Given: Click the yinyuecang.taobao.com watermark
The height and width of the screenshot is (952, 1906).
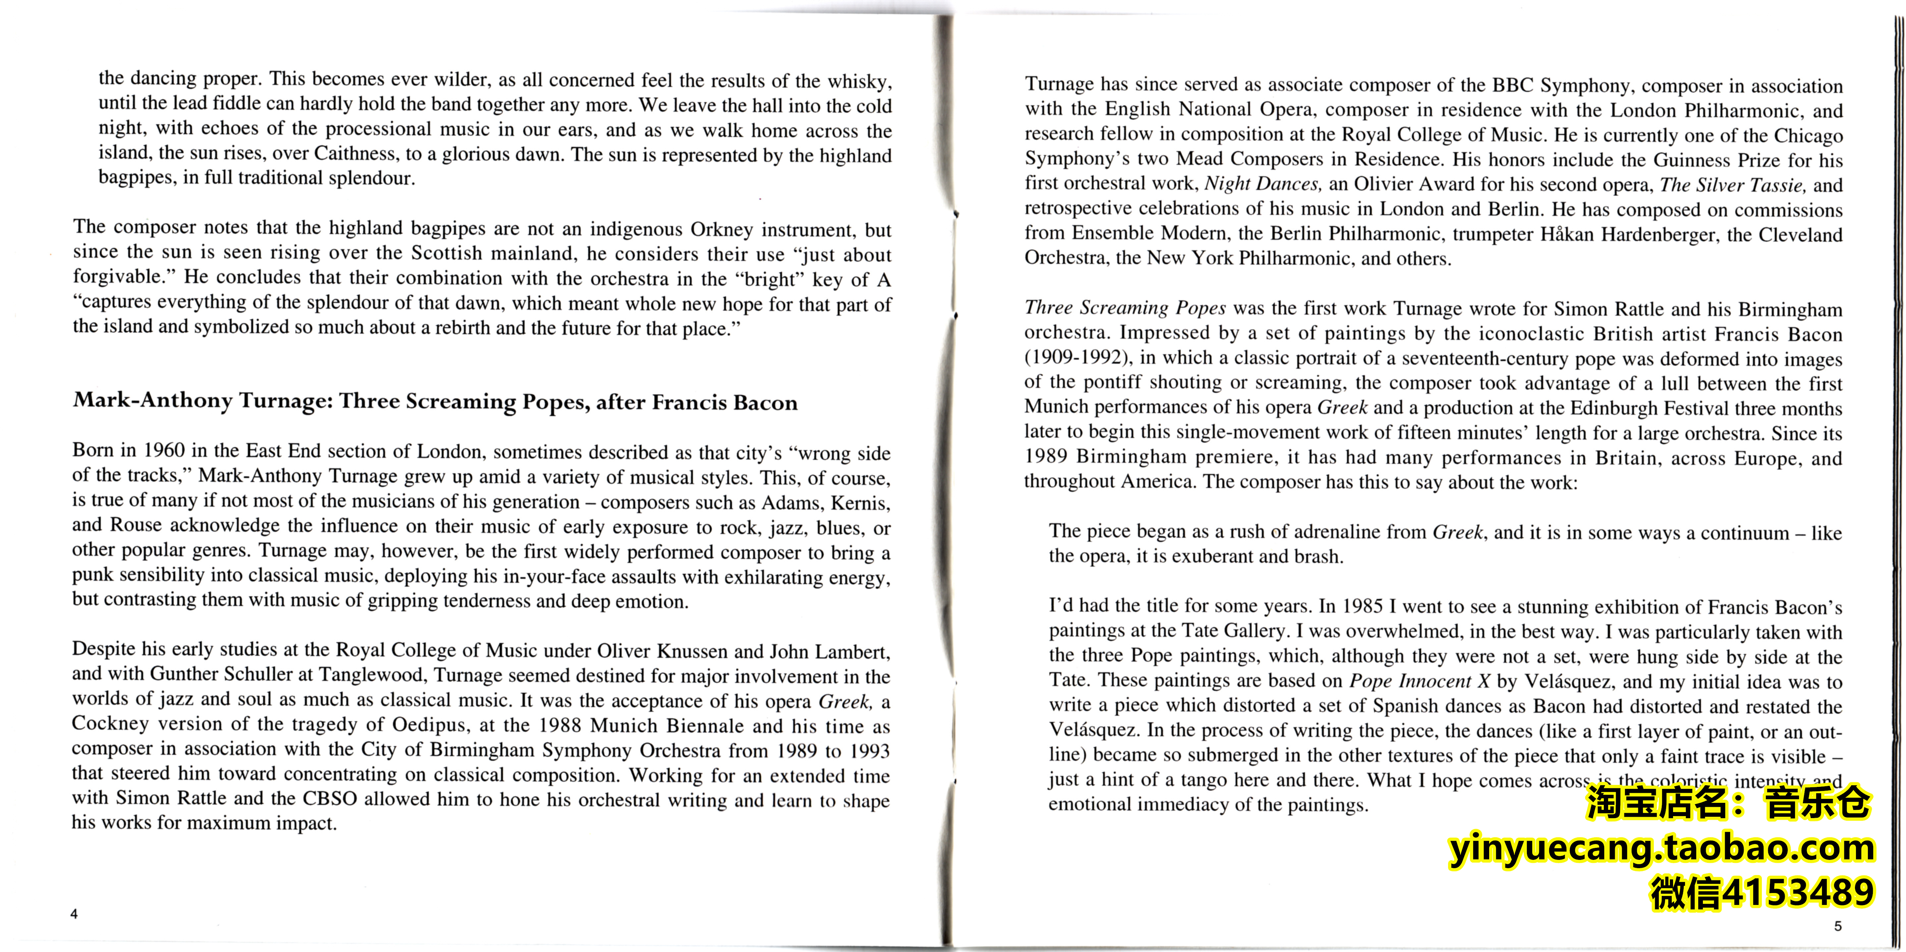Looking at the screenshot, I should (1661, 848).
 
